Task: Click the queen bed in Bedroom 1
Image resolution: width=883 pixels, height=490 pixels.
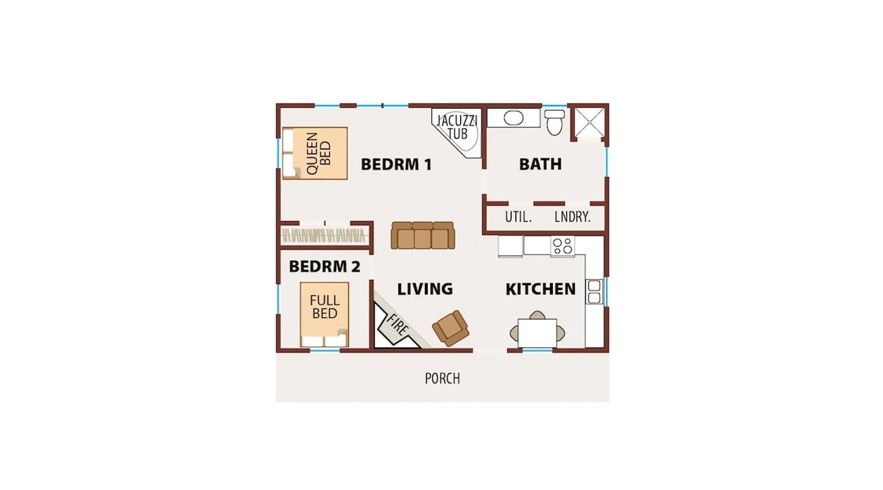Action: click(315, 153)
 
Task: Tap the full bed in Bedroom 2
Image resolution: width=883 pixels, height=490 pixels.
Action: click(324, 315)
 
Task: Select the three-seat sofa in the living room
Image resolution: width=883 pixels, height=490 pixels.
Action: click(423, 236)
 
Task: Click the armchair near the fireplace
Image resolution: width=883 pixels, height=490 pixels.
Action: click(450, 328)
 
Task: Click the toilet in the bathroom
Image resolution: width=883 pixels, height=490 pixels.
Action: click(555, 122)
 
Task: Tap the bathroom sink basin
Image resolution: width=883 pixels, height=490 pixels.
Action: click(514, 118)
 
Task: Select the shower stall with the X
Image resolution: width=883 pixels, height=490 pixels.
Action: click(590, 122)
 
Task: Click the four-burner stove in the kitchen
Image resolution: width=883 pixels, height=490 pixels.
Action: click(563, 246)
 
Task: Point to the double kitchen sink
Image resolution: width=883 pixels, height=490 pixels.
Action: click(594, 292)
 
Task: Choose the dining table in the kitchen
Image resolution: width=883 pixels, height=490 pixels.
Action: click(537, 333)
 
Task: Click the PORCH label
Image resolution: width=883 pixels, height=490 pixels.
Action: click(442, 378)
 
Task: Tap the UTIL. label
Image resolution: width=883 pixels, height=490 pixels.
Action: click(519, 217)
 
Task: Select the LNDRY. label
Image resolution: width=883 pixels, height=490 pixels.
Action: click(572, 217)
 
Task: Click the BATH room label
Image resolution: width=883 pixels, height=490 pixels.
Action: click(540, 164)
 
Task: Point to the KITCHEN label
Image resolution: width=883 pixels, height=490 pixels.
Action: click(541, 289)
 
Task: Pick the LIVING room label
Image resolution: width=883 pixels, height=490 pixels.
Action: click(425, 289)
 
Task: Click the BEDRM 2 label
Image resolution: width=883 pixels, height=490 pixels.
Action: click(325, 267)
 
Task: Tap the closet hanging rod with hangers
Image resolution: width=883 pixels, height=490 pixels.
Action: click(324, 236)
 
